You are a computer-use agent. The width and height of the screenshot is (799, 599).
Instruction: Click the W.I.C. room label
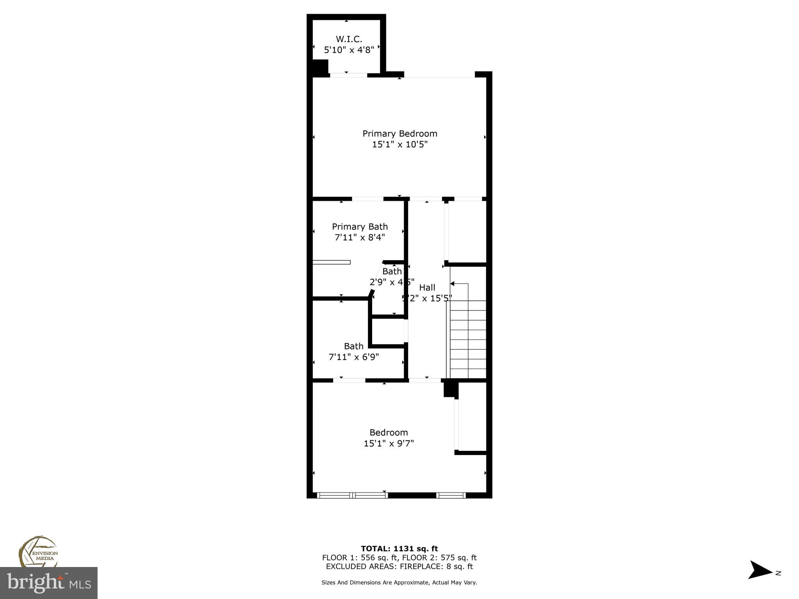(x=349, y=39)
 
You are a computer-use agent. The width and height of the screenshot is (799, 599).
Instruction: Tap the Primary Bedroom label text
(x=399, y=133)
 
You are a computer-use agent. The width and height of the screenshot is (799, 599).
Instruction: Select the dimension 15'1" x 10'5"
(x=399, y=144)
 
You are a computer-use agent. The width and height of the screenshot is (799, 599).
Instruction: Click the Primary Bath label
(x=360, y=227)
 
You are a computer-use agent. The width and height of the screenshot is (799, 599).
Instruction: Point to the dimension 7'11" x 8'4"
(x=360, y=237)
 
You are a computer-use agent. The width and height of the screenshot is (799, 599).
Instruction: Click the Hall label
(x=427, y=287)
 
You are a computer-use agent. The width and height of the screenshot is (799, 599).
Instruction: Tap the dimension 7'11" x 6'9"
(x=354, y=357)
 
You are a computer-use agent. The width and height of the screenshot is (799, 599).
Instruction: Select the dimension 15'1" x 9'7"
(x=389, y=443)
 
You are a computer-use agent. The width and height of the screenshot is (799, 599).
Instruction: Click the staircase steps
(x=468, y=339)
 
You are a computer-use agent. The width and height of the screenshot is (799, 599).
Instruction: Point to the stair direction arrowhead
(x=453, y=284)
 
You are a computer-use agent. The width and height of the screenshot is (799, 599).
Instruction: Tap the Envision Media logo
(x=38, y=552)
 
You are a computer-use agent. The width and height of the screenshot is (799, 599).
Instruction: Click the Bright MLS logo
(x=49, y=583)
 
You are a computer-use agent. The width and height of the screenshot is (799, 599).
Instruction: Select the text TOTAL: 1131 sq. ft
(x=399, y=549)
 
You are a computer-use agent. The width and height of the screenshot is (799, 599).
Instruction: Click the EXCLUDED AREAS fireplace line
(x=399, y=566)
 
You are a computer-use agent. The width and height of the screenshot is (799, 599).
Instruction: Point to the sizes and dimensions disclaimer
(x=399, y=583)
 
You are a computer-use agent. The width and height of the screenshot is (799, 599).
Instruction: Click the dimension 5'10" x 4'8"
(x=349, y=50)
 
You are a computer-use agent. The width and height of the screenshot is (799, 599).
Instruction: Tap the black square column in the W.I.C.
(x=320, y=67)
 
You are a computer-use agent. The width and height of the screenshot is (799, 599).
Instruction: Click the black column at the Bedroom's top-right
(x=450, y=390)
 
